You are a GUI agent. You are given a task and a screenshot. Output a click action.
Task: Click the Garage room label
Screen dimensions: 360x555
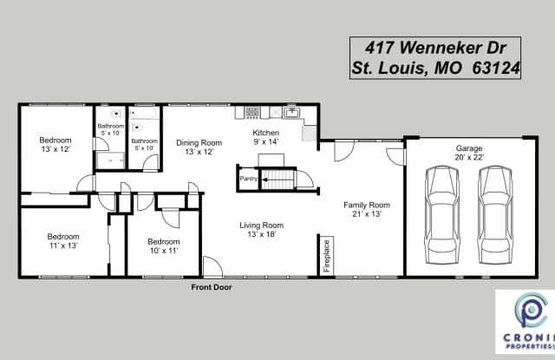(x=469, y=148)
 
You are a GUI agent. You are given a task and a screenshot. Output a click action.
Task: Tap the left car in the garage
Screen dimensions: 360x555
(x=443, y=207)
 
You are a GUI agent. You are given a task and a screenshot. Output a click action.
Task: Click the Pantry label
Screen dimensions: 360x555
(x=246, y=180)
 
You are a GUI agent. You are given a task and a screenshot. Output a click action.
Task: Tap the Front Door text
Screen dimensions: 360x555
(x=211, y=287)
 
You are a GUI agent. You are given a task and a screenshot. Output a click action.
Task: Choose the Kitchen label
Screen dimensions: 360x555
(x=266, y=133)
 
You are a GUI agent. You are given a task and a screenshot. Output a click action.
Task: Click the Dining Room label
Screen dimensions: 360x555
(x=199, y=143)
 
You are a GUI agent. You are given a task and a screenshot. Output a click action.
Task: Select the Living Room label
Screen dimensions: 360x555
(x=261, y=226)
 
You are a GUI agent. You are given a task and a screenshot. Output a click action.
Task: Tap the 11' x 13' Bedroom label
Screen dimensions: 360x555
(x=62, y=237)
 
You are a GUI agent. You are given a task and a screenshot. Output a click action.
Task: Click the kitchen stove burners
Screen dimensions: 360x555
(x=251, y=112)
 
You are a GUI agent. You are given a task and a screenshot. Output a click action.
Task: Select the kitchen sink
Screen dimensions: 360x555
(x=292, y=112)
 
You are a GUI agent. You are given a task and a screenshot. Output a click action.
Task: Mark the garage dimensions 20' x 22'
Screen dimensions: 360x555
(x=469, y=158)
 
